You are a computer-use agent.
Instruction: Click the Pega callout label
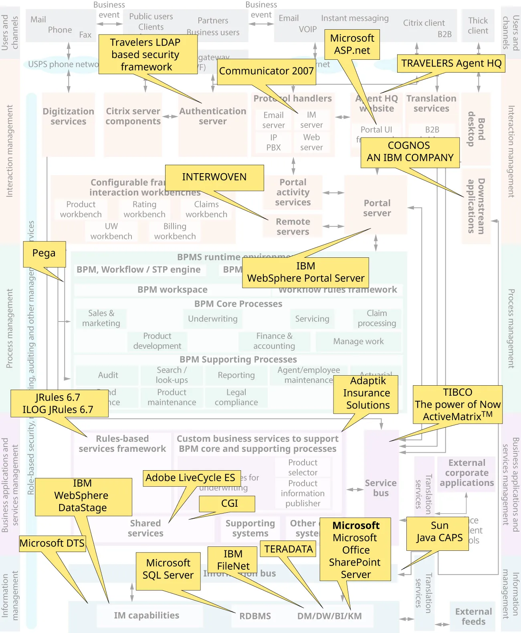click(x=44, y=254)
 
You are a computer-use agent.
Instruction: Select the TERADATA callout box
click(x=288, y=549)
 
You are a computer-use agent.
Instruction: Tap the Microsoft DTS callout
click(x=52, y=543)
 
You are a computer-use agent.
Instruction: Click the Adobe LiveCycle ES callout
click(x=190, y=478)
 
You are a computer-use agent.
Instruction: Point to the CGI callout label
click(x=229, y=504)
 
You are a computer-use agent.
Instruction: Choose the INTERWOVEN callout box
click(x=214, y=177)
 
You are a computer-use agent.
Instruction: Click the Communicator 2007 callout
click(x=266, y=71)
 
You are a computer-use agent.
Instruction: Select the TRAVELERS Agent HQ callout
click(x=451, y=63)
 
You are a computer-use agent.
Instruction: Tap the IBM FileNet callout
click(x=233, y=560)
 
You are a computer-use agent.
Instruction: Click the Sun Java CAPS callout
click(x=439, y=532)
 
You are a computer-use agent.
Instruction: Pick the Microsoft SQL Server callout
click(x=168, y=569)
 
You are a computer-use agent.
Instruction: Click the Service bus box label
click(x=381, y=488)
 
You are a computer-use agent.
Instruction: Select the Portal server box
click(x=377, y=208)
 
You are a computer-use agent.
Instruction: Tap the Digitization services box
click(x=69, y=116)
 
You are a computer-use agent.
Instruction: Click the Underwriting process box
click(x=212, y=319)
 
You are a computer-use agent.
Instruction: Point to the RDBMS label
click(x=255, y=616)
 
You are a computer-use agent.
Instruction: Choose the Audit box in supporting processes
click(x=108, y=375)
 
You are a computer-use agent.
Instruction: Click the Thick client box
click(x=478, y=26)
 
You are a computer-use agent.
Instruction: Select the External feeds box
click(x=473, y=616)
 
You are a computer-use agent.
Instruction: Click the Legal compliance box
click(x=236, y=397)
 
